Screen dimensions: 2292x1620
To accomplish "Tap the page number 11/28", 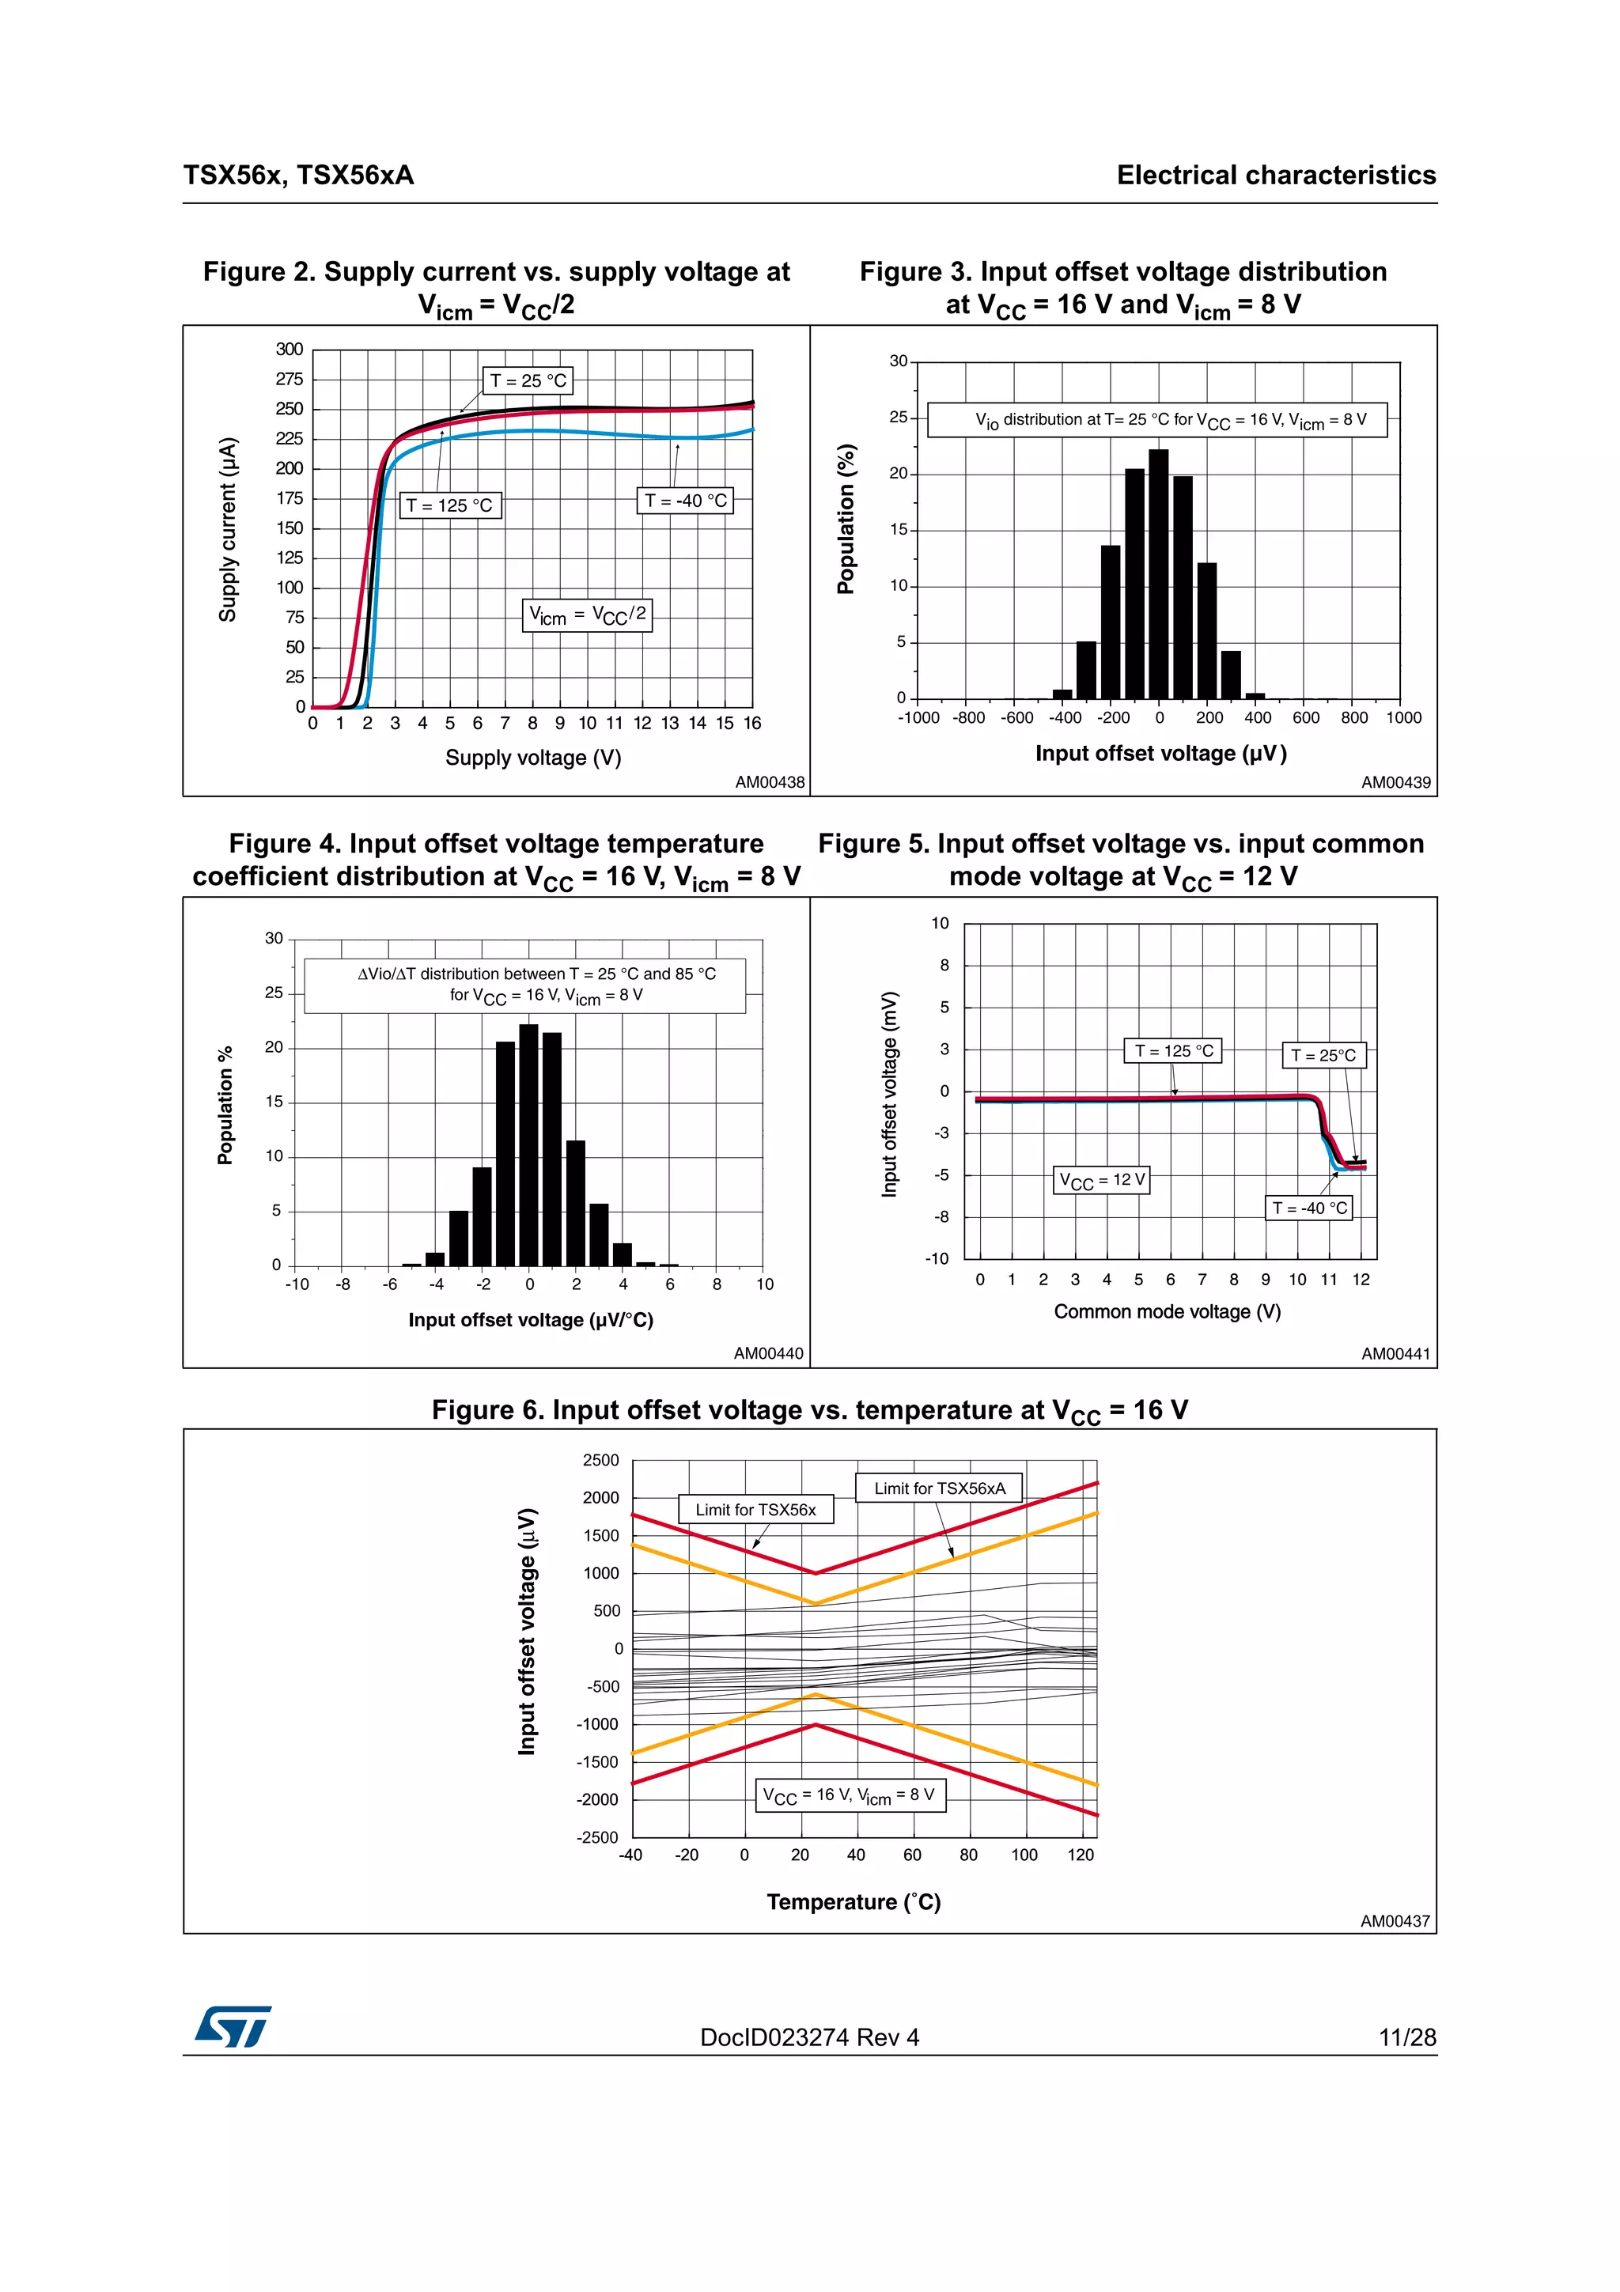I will (x=1406, y=2037).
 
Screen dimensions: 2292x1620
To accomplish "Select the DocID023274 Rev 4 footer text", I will (x=809, y=2037).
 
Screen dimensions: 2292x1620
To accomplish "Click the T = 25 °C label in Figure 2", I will (x=528, y=380).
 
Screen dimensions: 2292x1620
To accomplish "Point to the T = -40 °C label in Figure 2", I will (x=685, y=500).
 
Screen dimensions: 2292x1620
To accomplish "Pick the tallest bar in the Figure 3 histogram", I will (x=1158, y=574).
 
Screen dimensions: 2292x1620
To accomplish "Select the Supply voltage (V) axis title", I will (x=533, y=758).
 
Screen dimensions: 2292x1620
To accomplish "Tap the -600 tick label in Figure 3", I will (x=1016, y=718).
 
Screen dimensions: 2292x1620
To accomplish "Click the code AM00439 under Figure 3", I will (x=1395, y=783).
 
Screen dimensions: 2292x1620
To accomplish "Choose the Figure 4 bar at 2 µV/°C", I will (x=576, y=1203).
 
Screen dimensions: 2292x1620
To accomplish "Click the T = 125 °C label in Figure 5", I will (x=1174, y=1051).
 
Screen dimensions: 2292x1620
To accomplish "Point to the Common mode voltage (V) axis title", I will (x=1167, y=1312).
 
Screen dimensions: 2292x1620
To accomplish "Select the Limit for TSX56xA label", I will (x=939, y=1488).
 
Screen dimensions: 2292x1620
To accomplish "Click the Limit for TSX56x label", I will (x=755, y=1509).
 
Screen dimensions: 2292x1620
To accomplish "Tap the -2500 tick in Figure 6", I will (x=597, y=1836).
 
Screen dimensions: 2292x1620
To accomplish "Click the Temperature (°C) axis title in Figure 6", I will (x=854, y=1901).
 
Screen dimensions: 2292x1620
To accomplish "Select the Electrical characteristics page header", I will (x=1276, y=176).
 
